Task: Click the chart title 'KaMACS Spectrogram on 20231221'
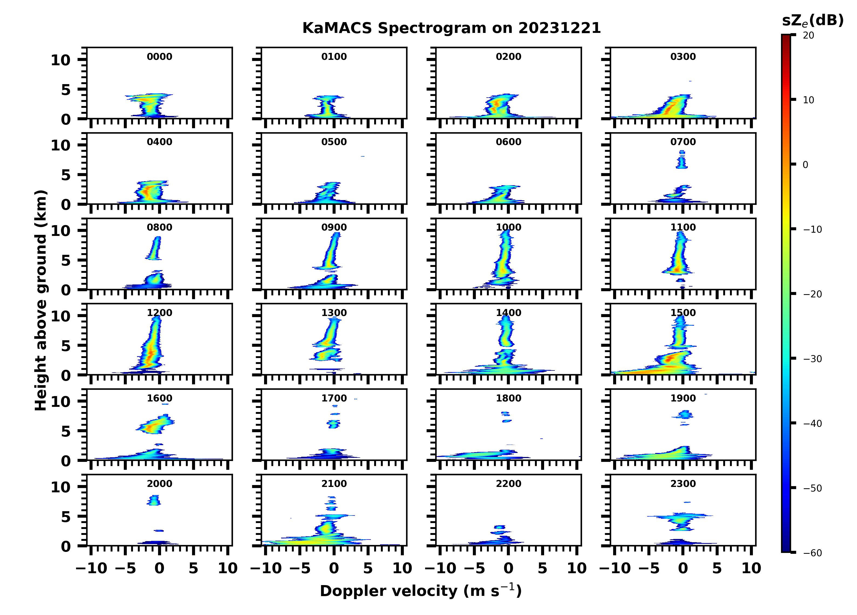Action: pyautogui.click(x=451, y=28)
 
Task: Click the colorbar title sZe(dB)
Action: pyautogui.click(x=812, y=21)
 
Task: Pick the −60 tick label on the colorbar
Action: pyautogui.click(x=812, y=553)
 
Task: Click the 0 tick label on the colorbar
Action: pyautogui.click(x=805, y=165)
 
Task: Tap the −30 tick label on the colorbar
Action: pyautogui.click(x=812, y=359)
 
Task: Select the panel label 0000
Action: pyautogui.click(x=159, y=57)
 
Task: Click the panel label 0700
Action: pyautogui.click(x=683, y=142)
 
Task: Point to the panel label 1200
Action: pyautogui.click(x=159, y=313)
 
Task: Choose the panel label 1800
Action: pyautogui.click(x=508, y=398)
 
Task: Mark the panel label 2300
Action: pyautogui.click(x=683, y=483)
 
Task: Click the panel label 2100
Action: pyautogui.click(x=334, y=483)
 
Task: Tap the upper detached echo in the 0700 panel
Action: pyautogui.click(x=682, y=160)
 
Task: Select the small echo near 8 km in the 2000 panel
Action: pyautogui.click(x=154, y=500)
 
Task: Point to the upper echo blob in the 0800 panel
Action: pyautogui.click(x=155, y=248)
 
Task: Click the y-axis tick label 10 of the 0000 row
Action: pyautogui.click(x=60, y=60)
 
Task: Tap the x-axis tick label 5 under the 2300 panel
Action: pyautogui.click(x=717, y=568)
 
